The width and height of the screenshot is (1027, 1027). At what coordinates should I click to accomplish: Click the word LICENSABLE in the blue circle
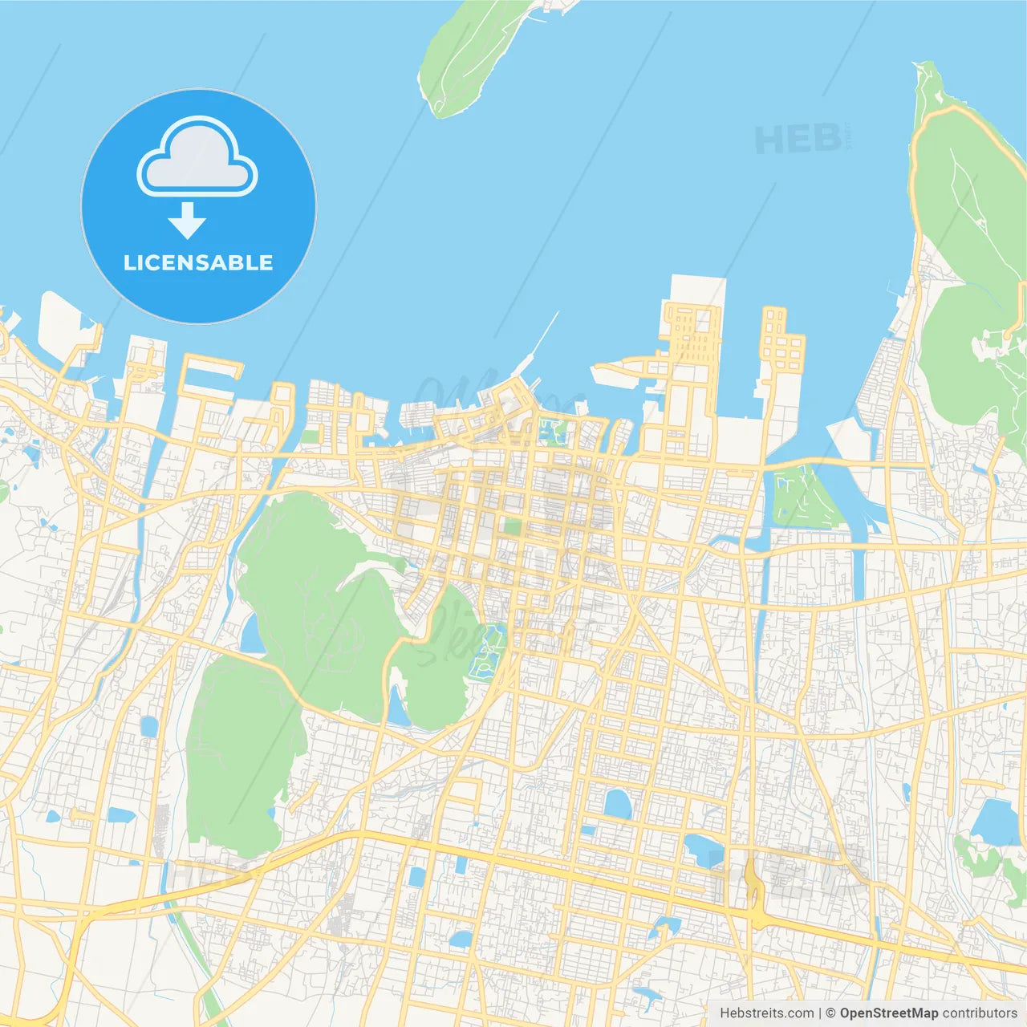coord(198,263)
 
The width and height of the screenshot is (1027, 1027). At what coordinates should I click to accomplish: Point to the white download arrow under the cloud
coord(187,221)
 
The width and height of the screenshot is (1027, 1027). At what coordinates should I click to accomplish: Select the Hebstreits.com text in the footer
coord(767,1013)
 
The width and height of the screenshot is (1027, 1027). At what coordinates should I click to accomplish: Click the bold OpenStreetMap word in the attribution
coord(888,1013)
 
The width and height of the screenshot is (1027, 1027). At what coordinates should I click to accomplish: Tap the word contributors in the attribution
coord(980,1013)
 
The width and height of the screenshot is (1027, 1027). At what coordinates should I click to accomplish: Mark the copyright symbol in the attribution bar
coord(831,1013)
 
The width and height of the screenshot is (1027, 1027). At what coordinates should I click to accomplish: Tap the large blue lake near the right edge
coord(995,822)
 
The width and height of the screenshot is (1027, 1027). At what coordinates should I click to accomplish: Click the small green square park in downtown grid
coord(510,528)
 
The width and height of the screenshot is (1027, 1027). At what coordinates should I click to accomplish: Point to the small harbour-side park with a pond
coord(552,430)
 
